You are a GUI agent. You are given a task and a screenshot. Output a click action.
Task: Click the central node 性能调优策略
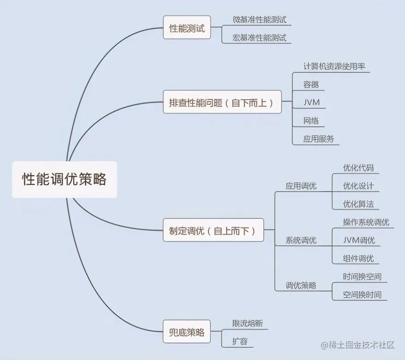[65, 180]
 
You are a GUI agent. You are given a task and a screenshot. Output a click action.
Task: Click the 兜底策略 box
[187, 332]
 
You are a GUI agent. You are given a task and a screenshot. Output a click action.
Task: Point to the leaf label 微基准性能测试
[260, 19]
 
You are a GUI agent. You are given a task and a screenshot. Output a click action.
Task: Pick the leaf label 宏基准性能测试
[260, 38]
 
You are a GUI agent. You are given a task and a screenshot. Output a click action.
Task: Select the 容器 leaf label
[311, 84]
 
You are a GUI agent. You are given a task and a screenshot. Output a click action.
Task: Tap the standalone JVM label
[312, 102]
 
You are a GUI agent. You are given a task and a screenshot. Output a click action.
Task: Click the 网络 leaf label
[311, 121]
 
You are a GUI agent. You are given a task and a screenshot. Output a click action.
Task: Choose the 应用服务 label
[319, 138]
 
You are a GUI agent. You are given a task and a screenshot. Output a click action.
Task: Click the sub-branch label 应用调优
[301, 186]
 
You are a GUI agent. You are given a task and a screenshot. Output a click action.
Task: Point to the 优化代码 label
[358, 167]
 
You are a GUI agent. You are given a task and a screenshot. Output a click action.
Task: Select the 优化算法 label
[358, 204]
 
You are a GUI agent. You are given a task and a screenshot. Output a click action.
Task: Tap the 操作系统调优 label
[366, 222]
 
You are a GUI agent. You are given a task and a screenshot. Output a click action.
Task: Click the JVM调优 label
[359, 240]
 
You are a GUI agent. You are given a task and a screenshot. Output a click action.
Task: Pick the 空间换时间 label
[362, 294]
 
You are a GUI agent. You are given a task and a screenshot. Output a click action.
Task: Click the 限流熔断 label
[248, 323]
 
